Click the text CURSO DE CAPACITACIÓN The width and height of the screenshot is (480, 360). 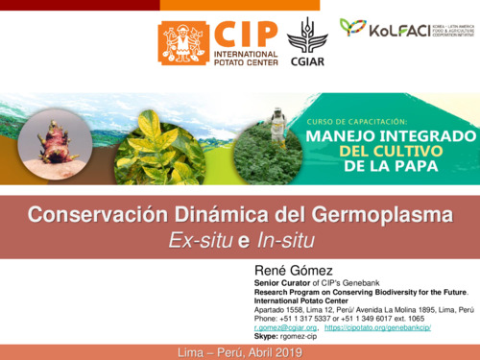pos(361,120)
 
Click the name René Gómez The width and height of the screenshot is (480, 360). pos(288,270)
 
